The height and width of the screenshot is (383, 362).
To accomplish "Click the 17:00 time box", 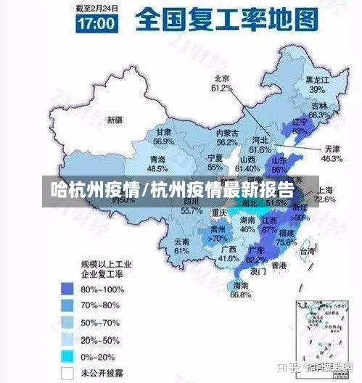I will pos(96,22).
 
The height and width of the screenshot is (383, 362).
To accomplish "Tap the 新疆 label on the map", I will pos(115,119).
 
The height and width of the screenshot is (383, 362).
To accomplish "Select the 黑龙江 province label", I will pos(317,81).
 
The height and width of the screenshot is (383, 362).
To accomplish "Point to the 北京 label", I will pos(221,78).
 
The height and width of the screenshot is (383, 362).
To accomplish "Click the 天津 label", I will pos(332,148).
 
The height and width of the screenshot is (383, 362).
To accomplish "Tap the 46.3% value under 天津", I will pos(332,158).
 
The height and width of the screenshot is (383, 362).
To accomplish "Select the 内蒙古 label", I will pos(228,133).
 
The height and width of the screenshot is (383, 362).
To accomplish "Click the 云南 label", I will pos(181,241).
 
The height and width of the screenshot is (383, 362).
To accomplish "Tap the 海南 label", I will pos(240,286).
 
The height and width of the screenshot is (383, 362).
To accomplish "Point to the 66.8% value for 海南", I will pos(240,295).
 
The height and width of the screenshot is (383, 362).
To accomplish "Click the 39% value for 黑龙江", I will pos(316,90).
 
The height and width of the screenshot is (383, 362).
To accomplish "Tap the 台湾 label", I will pos(307,251).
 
